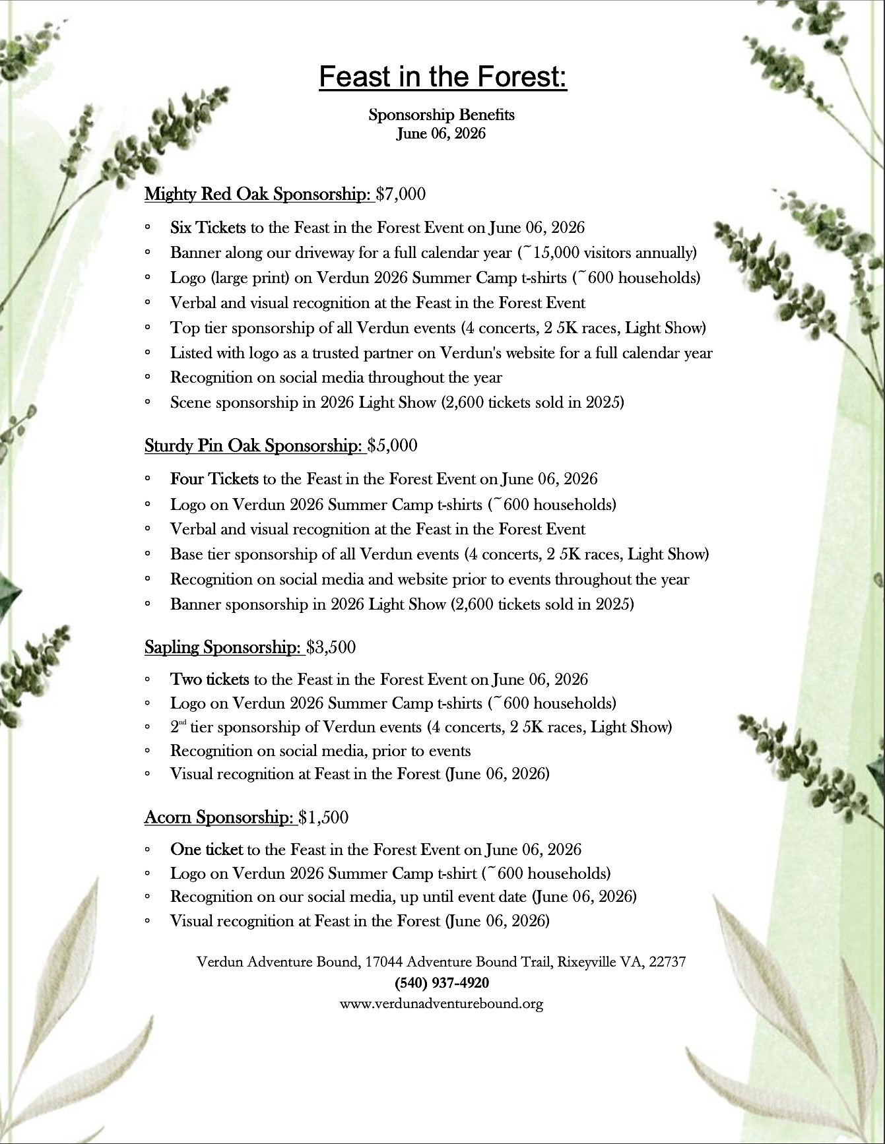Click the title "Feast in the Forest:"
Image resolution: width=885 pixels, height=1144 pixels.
click(442, 78)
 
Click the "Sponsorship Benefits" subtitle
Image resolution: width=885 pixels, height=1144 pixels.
click(442, 115)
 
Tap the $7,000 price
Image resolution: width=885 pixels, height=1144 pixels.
click(401, 194)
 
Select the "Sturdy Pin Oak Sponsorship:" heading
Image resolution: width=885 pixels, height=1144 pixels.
click(255, 446)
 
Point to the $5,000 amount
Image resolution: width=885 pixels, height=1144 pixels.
click(393, 446)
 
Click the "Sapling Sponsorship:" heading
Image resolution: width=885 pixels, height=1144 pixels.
click(224, 647)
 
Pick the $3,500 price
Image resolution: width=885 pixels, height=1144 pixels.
click(331, 647)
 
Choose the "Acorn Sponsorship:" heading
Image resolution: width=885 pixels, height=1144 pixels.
click(220, 818)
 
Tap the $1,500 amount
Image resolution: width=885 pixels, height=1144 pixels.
click(323, 818)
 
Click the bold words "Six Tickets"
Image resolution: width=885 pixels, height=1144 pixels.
click(208, 228)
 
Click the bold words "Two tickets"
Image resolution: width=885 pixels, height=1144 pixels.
click(209, 680)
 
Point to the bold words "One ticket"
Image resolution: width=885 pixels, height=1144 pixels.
click(206, 850)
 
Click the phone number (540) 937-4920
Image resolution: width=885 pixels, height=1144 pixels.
click(442, 983)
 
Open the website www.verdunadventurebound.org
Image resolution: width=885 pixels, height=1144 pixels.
click(442, 1004)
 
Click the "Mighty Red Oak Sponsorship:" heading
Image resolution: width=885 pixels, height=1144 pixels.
click(259, 194)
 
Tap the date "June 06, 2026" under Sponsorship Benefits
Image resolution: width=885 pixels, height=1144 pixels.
click(442, 133)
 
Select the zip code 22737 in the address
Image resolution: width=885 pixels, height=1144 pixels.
click(667, 962)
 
